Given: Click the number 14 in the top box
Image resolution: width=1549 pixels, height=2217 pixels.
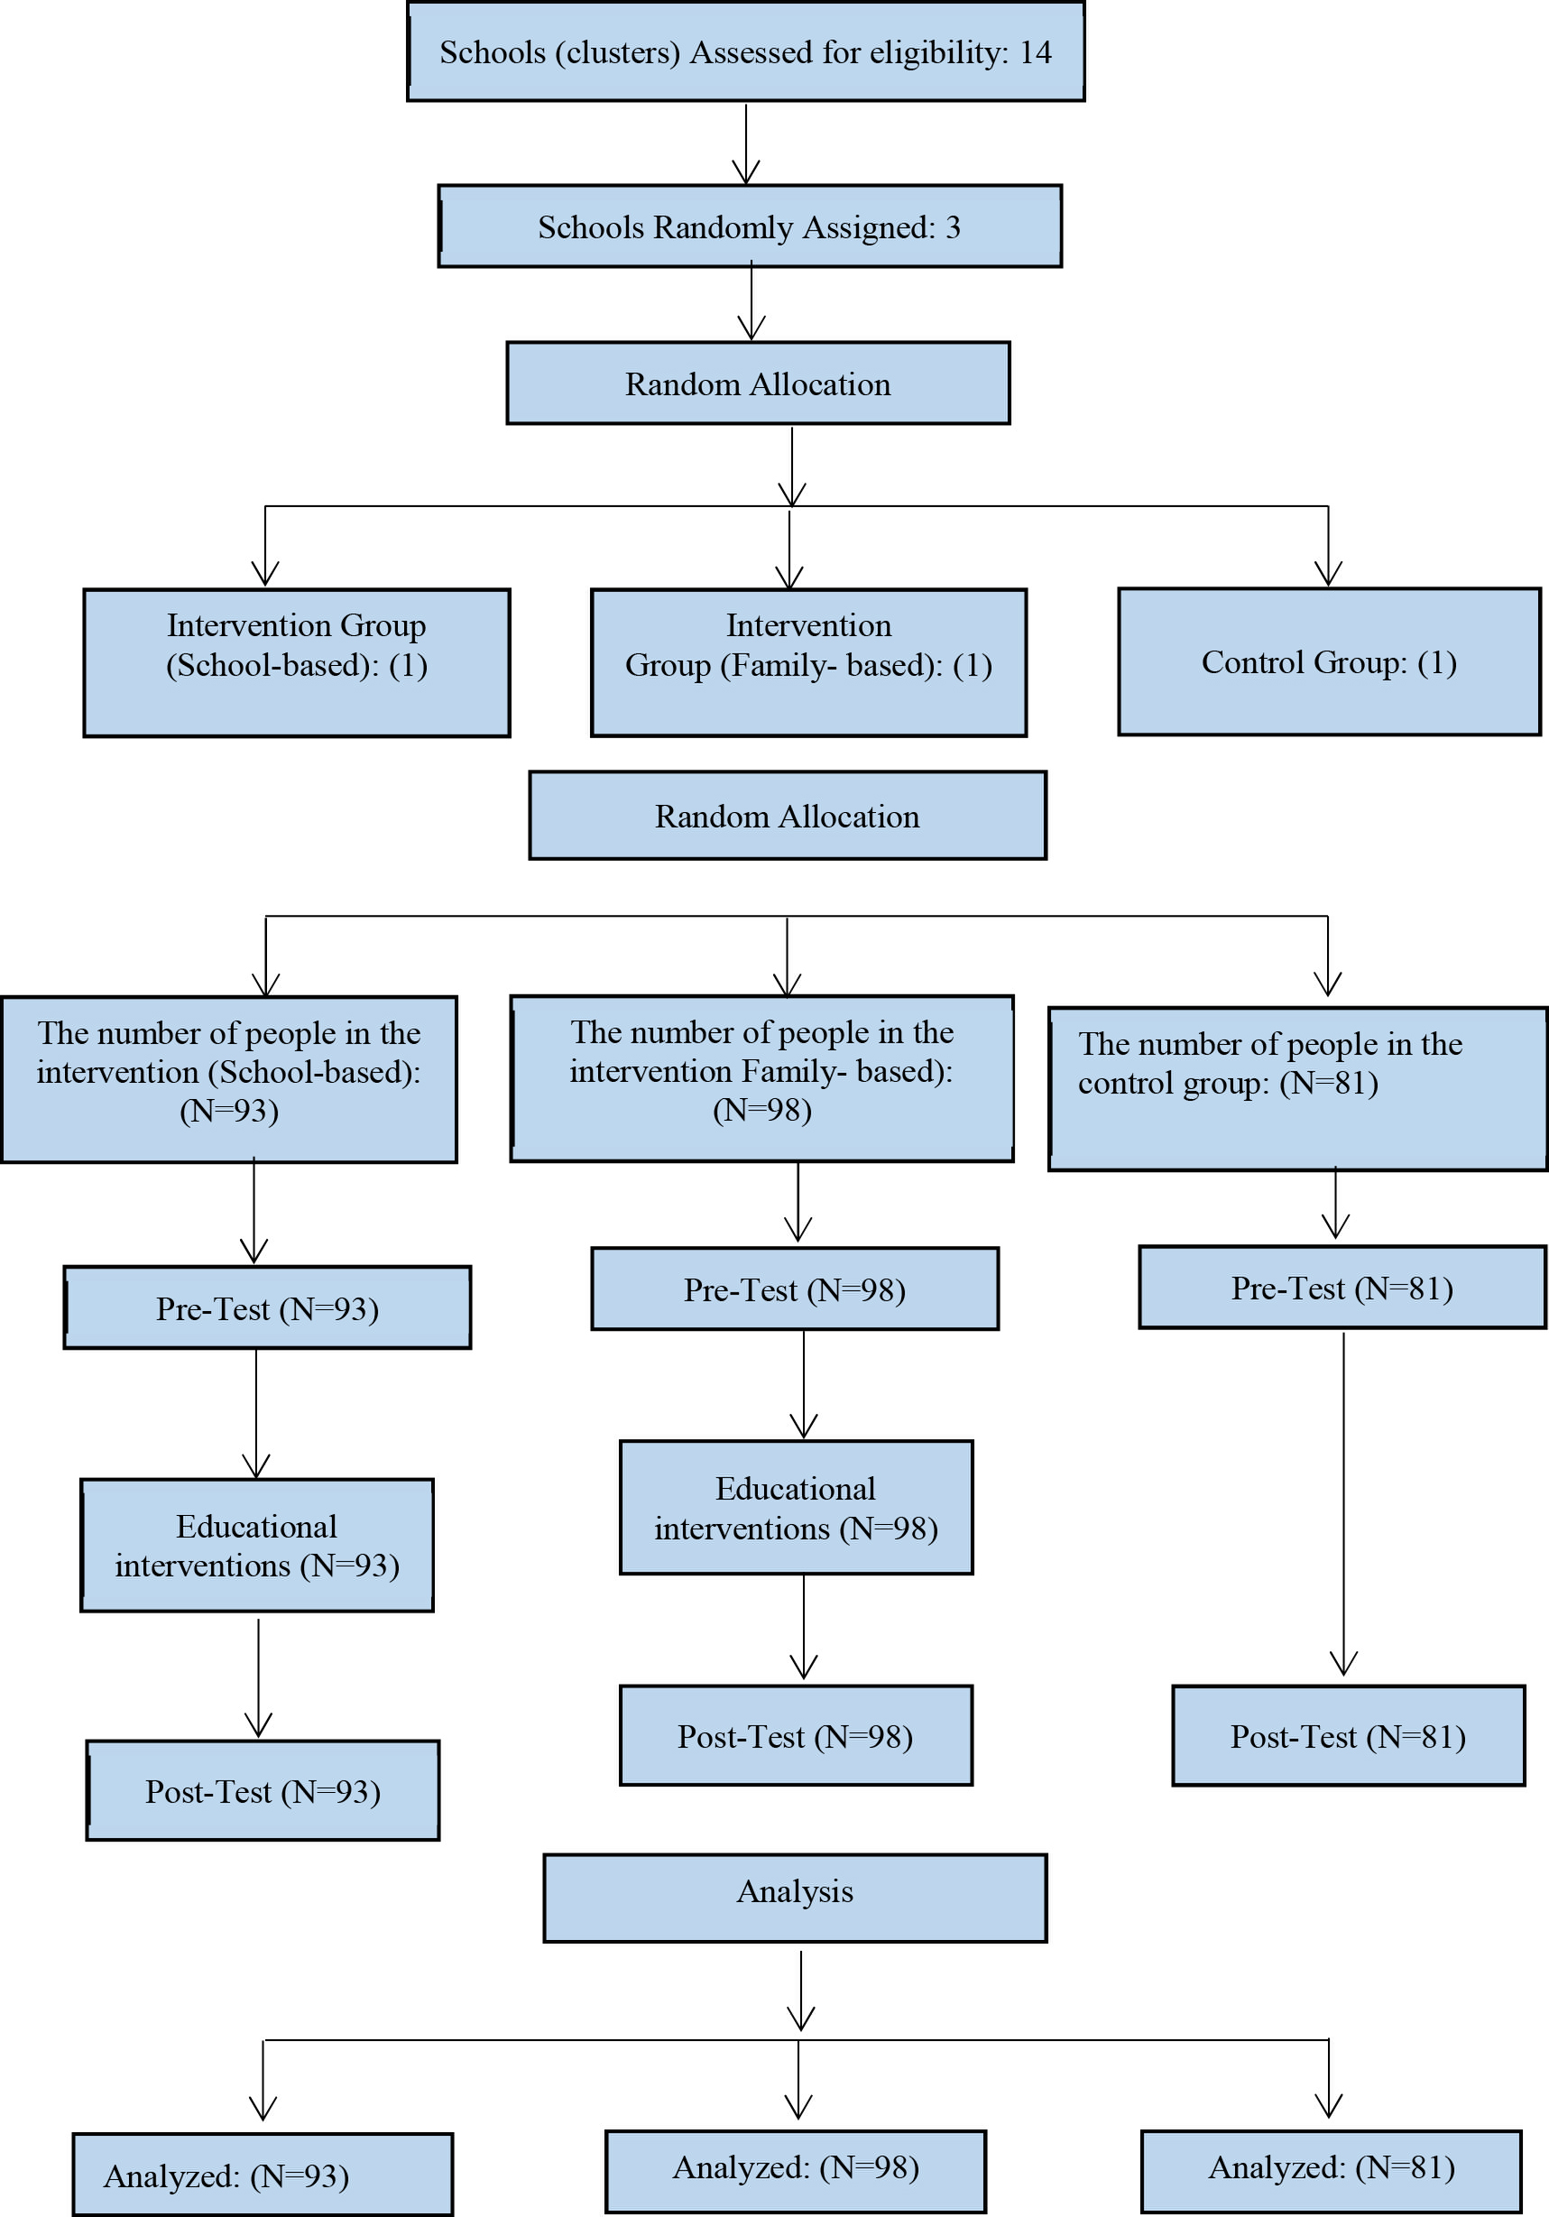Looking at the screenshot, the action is (x=1036, y=52).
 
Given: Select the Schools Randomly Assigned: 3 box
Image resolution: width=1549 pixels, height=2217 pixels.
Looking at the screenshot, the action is (x=751, y=226).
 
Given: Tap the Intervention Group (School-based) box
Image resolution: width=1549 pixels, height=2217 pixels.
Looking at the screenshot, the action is (x=297, y=663).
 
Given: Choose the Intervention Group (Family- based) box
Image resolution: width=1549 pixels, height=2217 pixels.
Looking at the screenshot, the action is (x=808, y=663).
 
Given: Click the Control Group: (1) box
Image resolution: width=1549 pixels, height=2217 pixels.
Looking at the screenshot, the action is (x=1329, y=662).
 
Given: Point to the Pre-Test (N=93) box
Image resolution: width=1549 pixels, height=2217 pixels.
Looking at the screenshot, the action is (x=268, y=1307).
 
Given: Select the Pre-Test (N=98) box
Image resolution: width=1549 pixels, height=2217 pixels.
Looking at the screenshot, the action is (x=795, y=1289).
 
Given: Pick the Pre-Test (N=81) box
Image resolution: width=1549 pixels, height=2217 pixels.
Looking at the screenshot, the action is (x=1342, y=1287).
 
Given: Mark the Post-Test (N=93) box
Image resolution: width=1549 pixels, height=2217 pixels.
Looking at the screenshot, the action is (x=263, y=1791).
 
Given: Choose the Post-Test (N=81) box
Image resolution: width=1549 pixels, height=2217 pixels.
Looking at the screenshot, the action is (x=1348, y=1736).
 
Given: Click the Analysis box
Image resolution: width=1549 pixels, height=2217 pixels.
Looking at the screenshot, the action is (x=795, y=1898).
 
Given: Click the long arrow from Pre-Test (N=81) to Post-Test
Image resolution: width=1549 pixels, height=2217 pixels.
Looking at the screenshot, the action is (x=1343, y=1503).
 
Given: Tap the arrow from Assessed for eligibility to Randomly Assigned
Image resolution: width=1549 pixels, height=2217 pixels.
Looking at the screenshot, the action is (x=745, y=143).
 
